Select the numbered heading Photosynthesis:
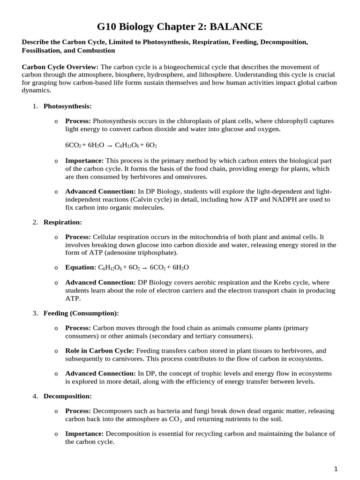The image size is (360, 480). pos(67,106)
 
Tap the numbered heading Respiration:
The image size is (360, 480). pos(63,222)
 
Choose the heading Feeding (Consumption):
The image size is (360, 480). pos(81,313)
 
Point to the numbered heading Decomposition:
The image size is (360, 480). pos(67,396)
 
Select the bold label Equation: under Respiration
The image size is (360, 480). pos(80,267)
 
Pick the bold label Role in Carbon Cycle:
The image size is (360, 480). pos(99,351)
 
